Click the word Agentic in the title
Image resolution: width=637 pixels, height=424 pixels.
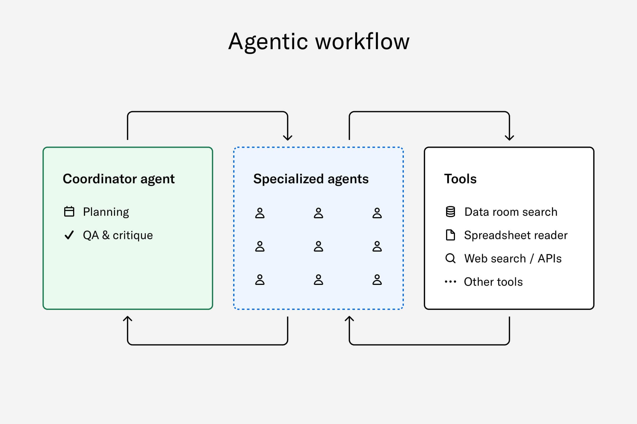[268, 42]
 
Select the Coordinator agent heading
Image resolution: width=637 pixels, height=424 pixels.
[119, 179]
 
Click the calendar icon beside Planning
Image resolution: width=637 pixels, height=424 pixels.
[69, 212]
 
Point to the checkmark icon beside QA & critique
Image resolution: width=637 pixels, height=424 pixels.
[69, 235]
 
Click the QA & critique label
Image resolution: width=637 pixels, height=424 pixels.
[118, 235]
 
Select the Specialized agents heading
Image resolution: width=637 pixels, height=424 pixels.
[311, 179]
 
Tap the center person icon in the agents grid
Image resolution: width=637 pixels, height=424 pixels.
[318, 246]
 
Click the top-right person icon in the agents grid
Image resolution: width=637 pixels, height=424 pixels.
[377, 213]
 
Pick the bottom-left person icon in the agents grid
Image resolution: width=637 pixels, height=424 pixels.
[260, 280]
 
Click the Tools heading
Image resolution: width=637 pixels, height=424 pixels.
[460, 179]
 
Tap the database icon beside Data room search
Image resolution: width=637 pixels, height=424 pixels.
[451, 212]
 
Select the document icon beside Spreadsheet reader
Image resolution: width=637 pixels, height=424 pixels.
[451, 235]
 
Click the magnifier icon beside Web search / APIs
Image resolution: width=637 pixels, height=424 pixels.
[451, 258]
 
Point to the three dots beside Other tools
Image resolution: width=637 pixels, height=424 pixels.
[451, 282]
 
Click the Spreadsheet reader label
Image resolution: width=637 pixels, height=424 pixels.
[516, 235]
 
